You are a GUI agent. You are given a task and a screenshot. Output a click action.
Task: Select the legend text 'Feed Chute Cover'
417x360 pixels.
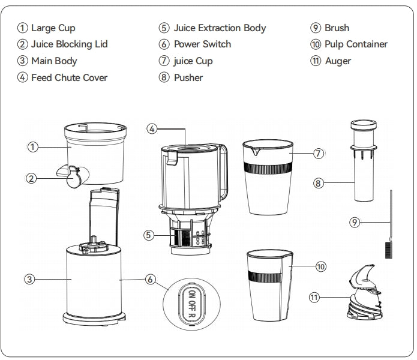coord(69,77)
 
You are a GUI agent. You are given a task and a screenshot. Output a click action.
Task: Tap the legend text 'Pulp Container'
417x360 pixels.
coord(356,44)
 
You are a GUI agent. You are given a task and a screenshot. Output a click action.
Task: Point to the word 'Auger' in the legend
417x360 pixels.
coord(338,61)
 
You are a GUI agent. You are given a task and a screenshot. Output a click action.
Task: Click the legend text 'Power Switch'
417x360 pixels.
coord(202,44)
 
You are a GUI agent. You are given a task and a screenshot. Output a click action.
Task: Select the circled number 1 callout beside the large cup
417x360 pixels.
coord(23,146)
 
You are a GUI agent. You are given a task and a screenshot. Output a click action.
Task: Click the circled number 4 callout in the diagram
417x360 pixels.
coord(152,128)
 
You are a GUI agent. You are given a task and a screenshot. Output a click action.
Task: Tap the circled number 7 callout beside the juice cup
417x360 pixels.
coord(319,154)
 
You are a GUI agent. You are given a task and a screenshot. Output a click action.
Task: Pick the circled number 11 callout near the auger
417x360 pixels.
coord(314,296)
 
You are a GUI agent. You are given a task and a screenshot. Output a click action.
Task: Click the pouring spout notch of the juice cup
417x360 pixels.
coord(256,151)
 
